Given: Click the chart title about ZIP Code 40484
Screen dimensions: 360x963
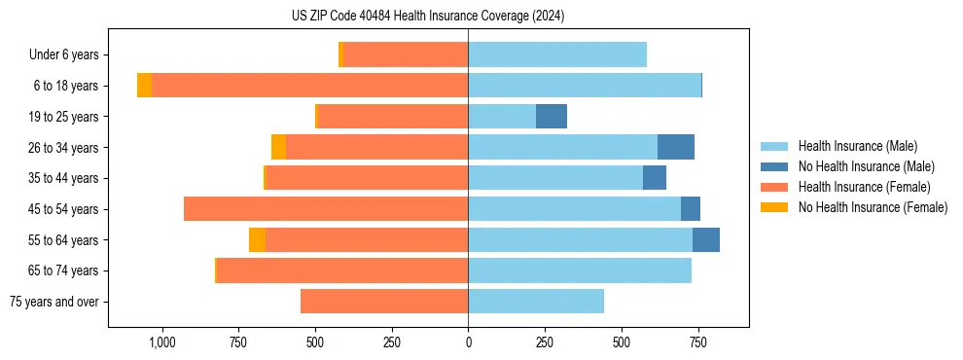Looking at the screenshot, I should pyautogui.click(x=428, y=17).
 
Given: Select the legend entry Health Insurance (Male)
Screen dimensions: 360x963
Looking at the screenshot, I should pyautogui.click(x=857, y=146).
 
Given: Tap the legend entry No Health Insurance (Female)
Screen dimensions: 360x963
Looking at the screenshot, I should pyautogui.click(x=873, y=207).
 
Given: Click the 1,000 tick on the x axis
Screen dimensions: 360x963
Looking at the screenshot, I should pyautogui.click(x=161, y=342).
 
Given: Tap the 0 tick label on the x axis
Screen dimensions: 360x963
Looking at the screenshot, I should pyautogui.click(x=468, y=342).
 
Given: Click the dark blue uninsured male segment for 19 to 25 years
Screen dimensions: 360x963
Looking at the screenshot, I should pyautogui.click(x=552, y=117).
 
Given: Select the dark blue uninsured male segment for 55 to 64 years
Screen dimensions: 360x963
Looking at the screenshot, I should pyautogui.click(x=706, y=240).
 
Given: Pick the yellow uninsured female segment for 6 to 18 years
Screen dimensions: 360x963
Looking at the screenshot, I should pyautogui.click(x=144, y=86).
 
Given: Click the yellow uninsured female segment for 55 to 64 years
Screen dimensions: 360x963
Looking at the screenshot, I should pyautogui.click(x=257, y=240).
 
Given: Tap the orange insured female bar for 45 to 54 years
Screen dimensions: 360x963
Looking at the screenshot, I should pyautogui.click(x=326, y=209).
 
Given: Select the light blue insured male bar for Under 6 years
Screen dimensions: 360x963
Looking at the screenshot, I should pyautogui.click(x=557, y=55).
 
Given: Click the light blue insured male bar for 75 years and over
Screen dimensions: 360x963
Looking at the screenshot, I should pyautogui.click(x=536, y=302).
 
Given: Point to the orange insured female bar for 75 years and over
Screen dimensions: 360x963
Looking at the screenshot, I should pyautogui.click(x=384, y=302).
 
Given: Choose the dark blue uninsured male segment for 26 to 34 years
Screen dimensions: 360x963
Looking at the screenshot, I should pyautogui.click(x=676, y=148).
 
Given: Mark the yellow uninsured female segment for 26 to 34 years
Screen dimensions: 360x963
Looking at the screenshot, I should pyautogui.click(x=278, y=148).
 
